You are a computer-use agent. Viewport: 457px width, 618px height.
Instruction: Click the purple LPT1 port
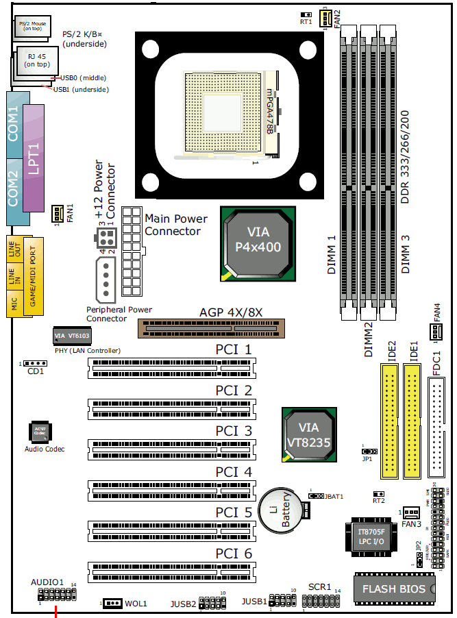(34, 158)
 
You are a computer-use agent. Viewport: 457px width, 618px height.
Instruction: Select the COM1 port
(13, 123)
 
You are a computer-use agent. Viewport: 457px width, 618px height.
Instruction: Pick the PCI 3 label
(234, 431)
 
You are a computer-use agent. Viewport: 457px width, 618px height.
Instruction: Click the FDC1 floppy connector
(436, 429)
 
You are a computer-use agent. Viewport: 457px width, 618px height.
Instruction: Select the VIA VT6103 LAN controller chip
(72, 336)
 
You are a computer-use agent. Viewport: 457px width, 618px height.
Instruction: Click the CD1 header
(33, 363)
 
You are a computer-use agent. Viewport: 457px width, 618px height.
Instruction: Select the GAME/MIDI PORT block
(34, 277)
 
